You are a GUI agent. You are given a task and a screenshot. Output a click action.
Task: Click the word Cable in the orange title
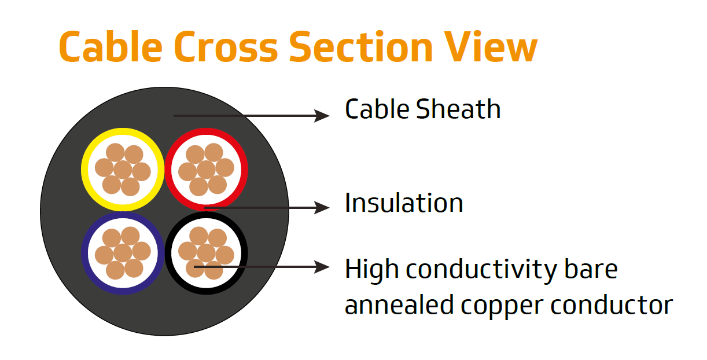(109, 47)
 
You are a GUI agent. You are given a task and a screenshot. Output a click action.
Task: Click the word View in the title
(491, 47)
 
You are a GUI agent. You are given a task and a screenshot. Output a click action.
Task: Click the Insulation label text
(404, 203)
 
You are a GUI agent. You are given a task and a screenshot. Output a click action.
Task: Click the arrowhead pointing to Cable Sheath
(322, 115)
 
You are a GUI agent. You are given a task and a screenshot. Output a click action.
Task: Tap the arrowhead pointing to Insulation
(322, 207)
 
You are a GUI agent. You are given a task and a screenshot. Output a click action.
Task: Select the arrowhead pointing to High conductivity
(322, 267)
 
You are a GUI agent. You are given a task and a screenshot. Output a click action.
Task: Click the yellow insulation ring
(84, 170)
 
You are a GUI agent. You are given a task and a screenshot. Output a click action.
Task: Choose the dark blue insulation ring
(84, 253)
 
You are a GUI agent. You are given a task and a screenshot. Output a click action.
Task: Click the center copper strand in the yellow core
(123, 170)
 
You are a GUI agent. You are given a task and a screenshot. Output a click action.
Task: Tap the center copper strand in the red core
(206, 170)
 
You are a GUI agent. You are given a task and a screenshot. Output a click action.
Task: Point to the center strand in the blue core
(123, 253)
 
